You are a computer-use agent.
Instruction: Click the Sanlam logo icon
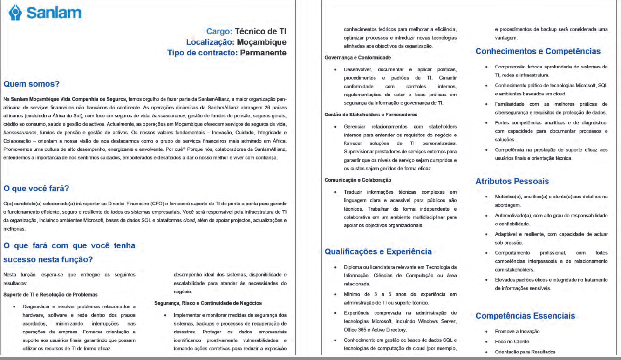[16, 13]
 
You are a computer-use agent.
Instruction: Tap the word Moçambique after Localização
[261, 42]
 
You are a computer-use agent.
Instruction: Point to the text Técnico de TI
[260, 32]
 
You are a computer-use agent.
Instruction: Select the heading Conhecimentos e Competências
[538, 51]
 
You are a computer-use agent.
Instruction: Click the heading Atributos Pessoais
[512, 181]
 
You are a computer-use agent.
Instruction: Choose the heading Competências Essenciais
[525, 316]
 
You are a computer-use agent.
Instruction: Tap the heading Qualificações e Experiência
[378, 251]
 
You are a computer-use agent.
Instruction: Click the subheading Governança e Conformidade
[357, 58]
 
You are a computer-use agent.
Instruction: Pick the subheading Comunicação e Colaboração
[358, 180]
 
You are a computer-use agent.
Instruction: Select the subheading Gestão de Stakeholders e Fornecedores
[371, 114]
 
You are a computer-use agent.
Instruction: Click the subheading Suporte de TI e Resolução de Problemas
[50, 295]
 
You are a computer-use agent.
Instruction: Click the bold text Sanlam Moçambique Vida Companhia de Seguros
[68, 99]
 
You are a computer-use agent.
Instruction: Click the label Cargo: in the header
[219, 32]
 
